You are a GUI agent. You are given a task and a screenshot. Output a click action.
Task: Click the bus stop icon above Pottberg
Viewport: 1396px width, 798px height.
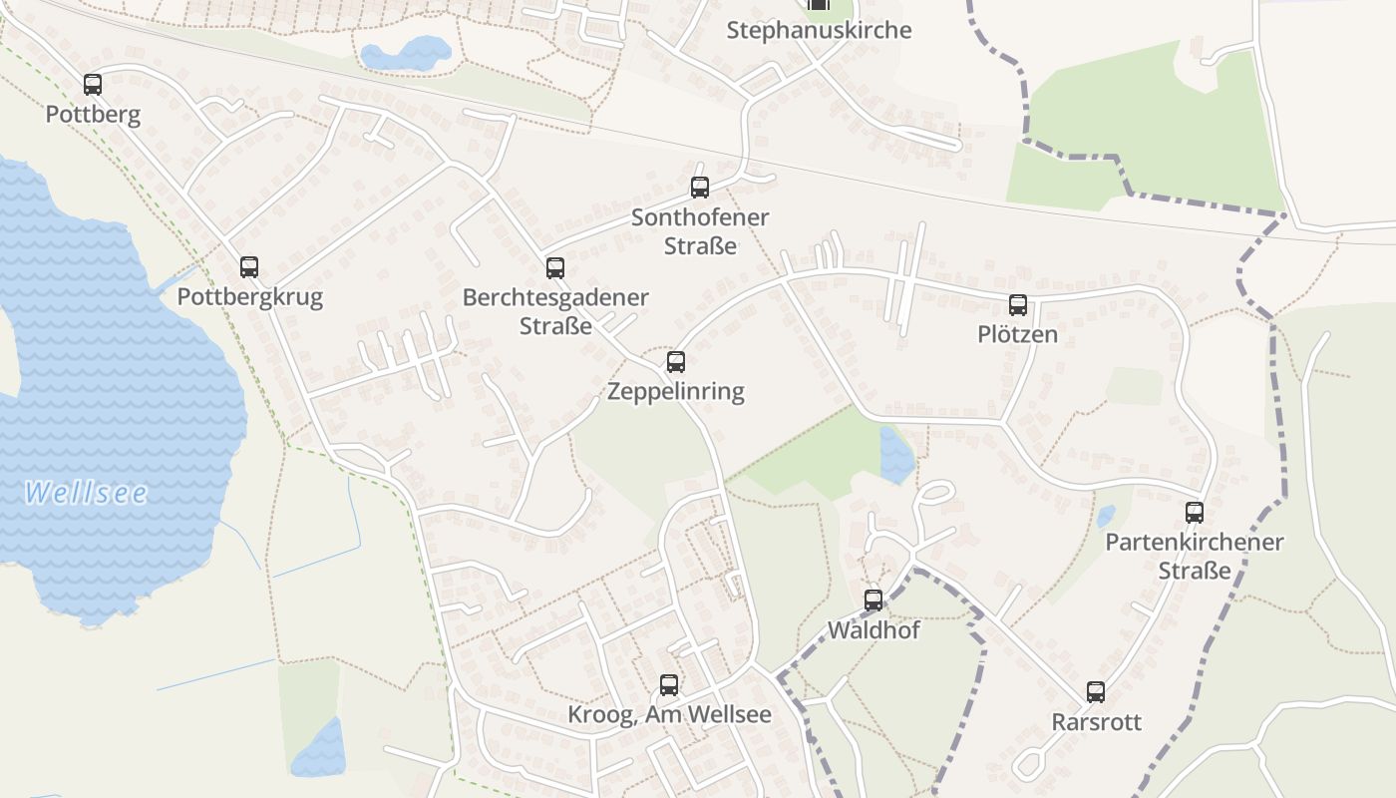tap(93, 85)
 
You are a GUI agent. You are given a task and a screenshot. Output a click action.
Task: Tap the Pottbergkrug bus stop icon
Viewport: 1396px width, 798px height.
tap(249, 267)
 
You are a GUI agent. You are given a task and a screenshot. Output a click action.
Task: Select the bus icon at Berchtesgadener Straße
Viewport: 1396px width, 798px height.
tap(555, 268)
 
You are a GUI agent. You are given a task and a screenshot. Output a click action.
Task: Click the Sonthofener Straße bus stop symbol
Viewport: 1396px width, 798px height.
tap(700, 188)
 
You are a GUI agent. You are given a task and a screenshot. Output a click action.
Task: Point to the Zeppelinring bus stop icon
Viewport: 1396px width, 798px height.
tap(676, 362)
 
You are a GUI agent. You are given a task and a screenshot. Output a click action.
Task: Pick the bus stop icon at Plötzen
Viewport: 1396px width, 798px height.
tap(1018, 305)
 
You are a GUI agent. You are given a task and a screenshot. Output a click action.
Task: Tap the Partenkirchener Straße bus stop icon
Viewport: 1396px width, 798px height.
tap(1195, 513)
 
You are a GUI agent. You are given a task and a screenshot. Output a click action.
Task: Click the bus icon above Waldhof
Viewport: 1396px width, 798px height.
tap(873, 600)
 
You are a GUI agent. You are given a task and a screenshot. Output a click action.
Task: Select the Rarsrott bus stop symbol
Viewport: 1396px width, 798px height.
tap(1096, 692)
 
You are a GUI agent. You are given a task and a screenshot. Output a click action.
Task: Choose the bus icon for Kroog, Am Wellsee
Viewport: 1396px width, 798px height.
tap(669, 685)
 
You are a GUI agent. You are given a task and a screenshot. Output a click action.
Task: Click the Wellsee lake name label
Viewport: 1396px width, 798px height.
tap(86, 493)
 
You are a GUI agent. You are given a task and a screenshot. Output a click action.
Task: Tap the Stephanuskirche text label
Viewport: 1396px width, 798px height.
tap(819, 30)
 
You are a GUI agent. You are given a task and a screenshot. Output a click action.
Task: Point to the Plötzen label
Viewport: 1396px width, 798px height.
tap(1018, 334)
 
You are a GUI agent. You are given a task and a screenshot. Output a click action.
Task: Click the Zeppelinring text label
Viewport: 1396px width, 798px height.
tap(676, 391)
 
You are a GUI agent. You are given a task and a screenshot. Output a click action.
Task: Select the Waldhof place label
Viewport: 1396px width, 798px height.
tap(873, 630)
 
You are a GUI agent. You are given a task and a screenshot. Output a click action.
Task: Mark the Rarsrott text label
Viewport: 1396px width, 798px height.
tap(1096, 722)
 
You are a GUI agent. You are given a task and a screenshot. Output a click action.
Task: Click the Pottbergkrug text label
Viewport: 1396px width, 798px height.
tap(249, 297)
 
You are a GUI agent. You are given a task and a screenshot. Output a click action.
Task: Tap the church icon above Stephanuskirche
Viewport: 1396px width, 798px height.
tap(819, 4)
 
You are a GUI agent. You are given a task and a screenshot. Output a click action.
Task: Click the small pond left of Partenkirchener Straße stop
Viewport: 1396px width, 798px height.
tap(1106, 516)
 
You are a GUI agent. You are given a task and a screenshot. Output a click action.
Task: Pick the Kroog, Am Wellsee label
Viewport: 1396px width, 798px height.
tap(669, 715)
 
